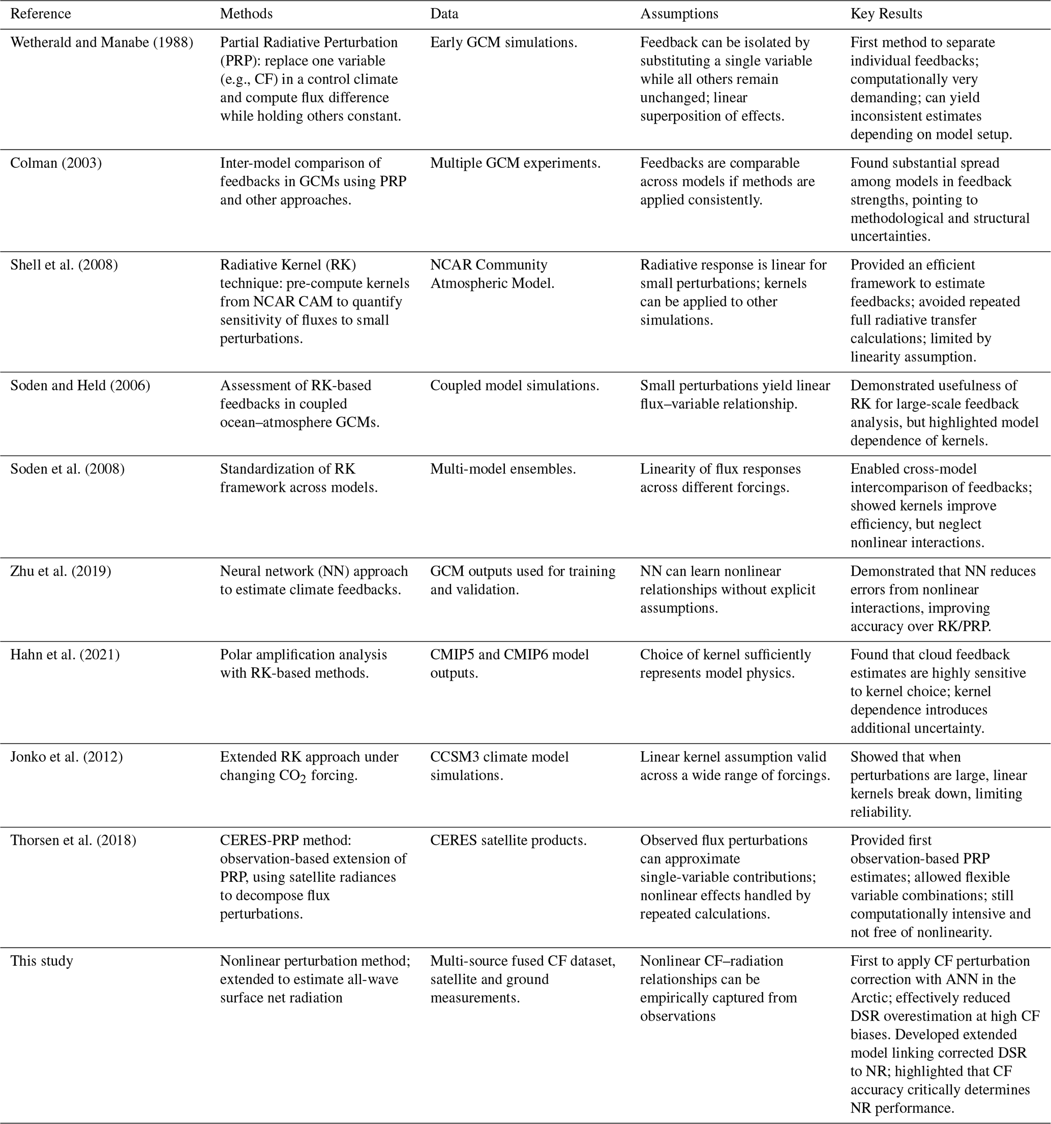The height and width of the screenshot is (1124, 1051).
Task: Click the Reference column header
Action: pos(41,14)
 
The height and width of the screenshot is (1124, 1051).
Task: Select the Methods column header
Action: pos(246,14)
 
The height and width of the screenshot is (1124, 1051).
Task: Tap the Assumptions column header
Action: pos(679,14)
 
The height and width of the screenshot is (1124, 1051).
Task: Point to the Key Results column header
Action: pos(886,14)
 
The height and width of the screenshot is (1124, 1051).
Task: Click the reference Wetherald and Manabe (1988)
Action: pos(102,42)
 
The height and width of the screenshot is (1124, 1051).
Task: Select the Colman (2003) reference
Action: pos(56,163)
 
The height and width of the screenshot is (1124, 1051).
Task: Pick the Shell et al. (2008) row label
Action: pos(64,264)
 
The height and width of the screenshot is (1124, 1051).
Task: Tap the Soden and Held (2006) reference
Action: pos(80,385)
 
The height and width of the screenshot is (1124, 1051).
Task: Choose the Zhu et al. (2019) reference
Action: pos(61,571)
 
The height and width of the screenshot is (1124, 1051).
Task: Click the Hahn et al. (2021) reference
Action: pos(65,654)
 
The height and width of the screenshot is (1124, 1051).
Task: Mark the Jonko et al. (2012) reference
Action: pos(66,756)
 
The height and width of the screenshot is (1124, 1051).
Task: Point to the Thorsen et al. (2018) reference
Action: pos(73,840)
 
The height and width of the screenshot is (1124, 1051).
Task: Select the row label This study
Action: pos(42,961)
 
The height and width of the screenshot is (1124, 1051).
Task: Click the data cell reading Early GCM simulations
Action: pos(503,42)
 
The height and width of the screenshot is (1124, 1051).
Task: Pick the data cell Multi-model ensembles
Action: pos(502,469)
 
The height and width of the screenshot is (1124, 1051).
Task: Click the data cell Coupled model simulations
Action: pos(515,385)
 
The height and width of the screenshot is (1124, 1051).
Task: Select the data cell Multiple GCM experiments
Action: pos(515,163)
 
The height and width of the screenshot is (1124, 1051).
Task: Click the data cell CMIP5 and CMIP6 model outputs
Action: pos(509,664)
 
